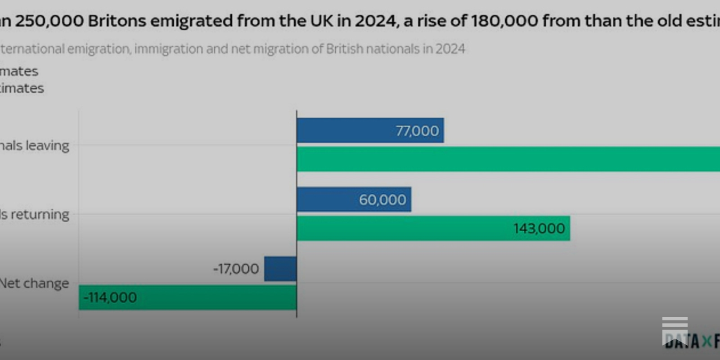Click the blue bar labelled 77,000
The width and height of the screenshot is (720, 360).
coord(342,130)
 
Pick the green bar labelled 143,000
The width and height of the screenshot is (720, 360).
coord(405,228)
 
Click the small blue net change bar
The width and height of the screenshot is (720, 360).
coord(280,269)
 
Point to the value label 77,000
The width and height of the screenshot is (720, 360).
coord(417,131)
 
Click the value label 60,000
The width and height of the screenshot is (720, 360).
coord(382,200)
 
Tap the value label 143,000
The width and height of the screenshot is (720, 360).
coord(539,229)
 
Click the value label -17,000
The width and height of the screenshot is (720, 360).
coord(236,269)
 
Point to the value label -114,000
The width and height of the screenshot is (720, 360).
coord(110,297)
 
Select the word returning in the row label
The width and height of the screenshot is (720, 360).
coord(40,215)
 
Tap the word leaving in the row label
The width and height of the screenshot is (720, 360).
coord(47,146)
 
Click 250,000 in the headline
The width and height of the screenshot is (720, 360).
coord(49,21)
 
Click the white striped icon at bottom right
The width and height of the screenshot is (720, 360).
coord(675,329)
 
